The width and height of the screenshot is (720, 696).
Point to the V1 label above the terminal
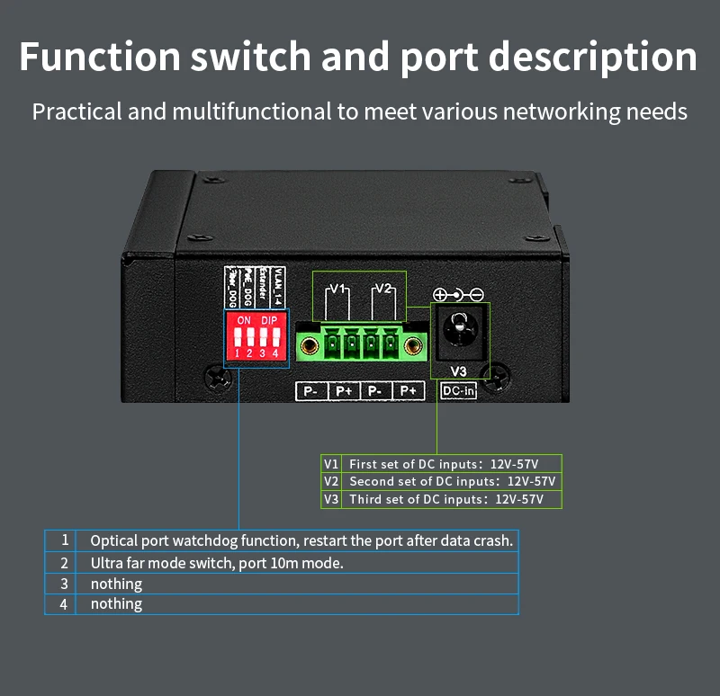pyautogui.click(x=337, y=289)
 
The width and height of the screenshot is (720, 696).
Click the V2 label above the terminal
pyautogui.click(x=383, y=289)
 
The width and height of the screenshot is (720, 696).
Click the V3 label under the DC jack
pyautogui.click(x=458, y=370)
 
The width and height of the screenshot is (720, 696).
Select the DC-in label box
pyautogui.click(x=458, y=391)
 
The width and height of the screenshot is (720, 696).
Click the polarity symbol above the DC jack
pyautogui.click(x=458, y=294)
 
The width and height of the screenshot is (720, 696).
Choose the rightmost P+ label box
pyautogui.click(x=409, y=391)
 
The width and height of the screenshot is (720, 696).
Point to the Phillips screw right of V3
pyautogui.click(x=500, y=372)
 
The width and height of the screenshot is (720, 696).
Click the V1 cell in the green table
pyautogui.click(x=331, y=464)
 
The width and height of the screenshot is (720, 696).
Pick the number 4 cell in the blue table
pyautogui.click(x=64, y=604)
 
